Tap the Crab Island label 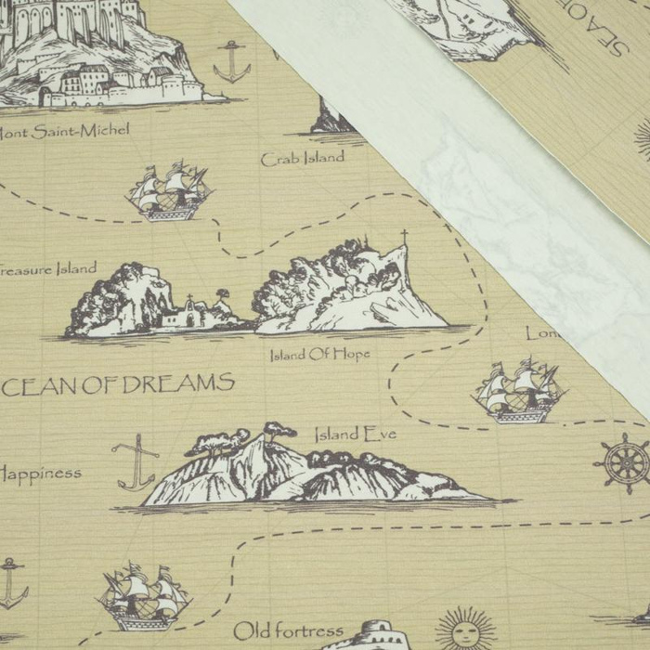(303, 159)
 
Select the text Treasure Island (46, 269)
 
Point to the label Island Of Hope (319, 355)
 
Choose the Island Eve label (355, 434)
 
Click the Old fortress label (288, 631)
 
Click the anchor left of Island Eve (136, 461)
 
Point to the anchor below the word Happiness (11, 583)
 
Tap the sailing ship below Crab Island (169, 192)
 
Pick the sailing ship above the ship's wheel (518, 390)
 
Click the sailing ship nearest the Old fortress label (143, 597)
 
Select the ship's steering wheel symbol (622, 462)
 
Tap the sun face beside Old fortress (464, 630)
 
